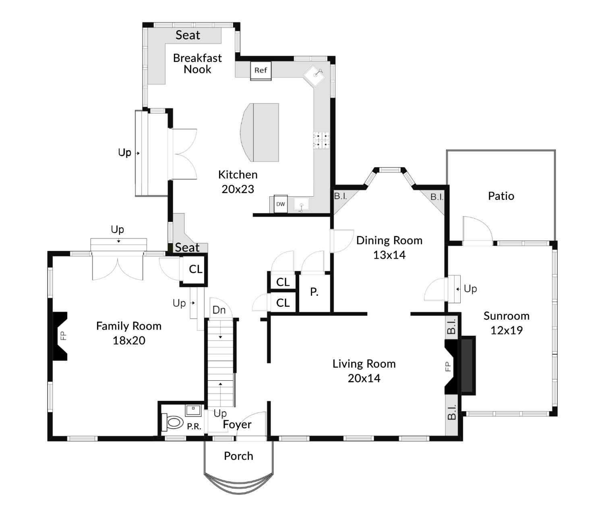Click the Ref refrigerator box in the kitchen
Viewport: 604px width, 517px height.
261,70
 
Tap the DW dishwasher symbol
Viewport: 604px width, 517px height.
281,204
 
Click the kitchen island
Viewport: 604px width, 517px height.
259,132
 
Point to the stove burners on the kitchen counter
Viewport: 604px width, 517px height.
321,140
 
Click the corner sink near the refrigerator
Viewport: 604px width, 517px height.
314,76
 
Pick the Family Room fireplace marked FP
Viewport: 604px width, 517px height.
60,336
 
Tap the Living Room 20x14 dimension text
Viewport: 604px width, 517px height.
364,378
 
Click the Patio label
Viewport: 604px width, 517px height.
501,196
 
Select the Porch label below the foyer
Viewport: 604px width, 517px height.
238,456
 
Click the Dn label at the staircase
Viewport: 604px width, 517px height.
219,310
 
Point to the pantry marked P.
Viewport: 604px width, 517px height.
314,292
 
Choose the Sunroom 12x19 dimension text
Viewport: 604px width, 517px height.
507,330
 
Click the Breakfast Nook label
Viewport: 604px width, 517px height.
197,64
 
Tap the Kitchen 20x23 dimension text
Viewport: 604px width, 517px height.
238,189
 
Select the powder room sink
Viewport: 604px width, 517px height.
193,410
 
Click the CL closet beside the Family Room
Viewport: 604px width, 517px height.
193,270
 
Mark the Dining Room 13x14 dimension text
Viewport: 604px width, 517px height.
389,255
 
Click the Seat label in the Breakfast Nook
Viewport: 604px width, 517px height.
188,35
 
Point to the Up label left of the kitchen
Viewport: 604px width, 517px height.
124,152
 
